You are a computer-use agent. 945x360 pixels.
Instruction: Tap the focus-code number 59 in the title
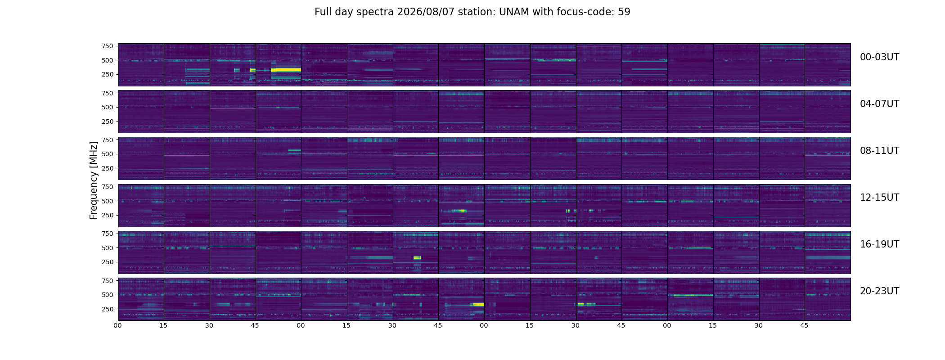click(624, 12)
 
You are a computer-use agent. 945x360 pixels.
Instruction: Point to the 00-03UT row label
click(879, 57)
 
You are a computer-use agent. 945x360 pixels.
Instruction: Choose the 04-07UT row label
click(879, 104)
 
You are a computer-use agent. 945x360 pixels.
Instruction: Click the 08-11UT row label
click(879, 151)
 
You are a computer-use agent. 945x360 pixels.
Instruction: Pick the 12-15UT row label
click(879, 198)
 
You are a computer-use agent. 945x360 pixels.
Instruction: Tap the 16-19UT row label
click(879, 244)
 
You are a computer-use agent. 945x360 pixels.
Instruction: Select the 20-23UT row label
click(879, 291)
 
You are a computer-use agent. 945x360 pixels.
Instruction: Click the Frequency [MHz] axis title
click(94, 180)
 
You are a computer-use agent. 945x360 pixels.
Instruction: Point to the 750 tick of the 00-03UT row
click(107, 46)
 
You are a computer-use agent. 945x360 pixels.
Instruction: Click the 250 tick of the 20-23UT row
click(107, 309)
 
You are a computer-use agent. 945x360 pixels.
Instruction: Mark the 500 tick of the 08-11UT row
click(107, 154)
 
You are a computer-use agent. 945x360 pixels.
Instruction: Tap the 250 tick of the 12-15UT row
click(107, 215)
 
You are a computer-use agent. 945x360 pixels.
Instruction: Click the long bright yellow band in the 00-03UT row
click(286, 70)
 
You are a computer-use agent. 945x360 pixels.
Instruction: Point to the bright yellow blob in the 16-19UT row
click(417, 258)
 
